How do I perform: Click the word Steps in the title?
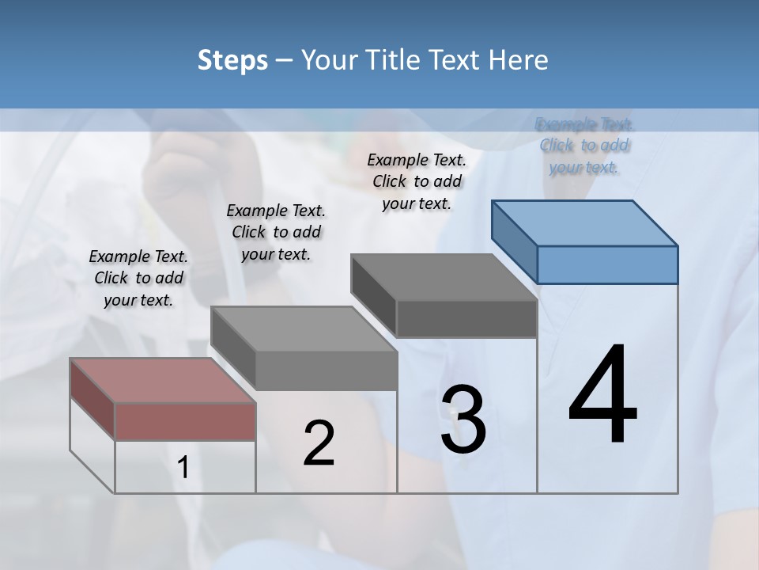pyautogui.click(x=232, y=60)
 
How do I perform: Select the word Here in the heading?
pyautogui.click(x=519, y=60)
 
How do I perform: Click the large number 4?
pyautogui.click(x=602, y=396)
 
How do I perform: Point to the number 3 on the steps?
pyautogui.click(x=463, y=420)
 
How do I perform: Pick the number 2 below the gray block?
pyautogui.click(x=319, y=443)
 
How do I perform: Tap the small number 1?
pyautogui.click(x=183, y=468)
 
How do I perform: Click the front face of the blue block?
pyautogui.click(x=607, y=264)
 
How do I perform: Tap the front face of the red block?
pyautogui.click(x=185, y=421)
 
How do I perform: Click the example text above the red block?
pyautogui.click(x=138, y=278)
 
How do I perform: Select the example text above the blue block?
pyautogui.click(x=584, y=146)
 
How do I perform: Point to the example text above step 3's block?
pyautogui.click(x=417, y=181)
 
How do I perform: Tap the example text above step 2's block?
pyautogui.click(x=276, y=232)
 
